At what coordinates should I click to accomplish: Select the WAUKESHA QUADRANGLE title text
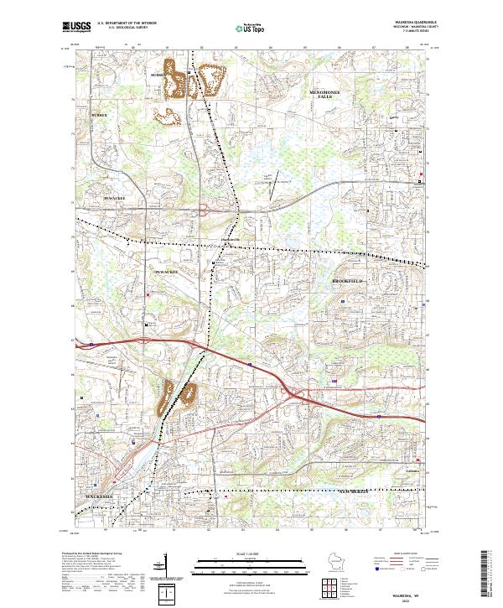pyautogui.click(x=409, y=20)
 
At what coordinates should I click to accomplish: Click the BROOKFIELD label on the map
pyautogui.click(x=350, y=280)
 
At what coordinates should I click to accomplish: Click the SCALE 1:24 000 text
pyautogui.click(x=251, y=553)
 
